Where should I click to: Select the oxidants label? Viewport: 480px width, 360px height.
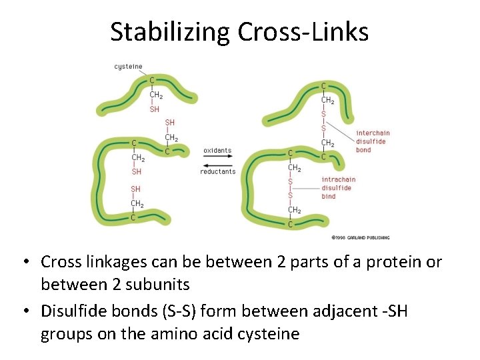(x=217, y=151)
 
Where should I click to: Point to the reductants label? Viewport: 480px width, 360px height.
(x=217, y=171)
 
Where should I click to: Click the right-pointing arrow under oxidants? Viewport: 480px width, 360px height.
(x=217, y=159)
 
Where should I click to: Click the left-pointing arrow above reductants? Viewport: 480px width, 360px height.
(x=217, y=165)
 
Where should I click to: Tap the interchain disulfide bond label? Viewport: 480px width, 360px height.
(x=373, y=141)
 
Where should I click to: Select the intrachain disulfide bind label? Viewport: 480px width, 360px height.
(x=339, y=187)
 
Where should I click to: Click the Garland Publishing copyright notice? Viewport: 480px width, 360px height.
(x=360, y=237)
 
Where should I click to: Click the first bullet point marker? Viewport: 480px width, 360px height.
(x=30, y=262)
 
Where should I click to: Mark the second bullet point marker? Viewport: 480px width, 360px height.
(x=30, y=311)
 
